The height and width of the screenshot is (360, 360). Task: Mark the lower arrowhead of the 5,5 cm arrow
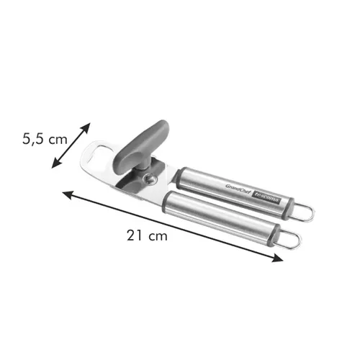click(x=53, y=167)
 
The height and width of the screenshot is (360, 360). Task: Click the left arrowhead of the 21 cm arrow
click(x=66, y=193)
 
